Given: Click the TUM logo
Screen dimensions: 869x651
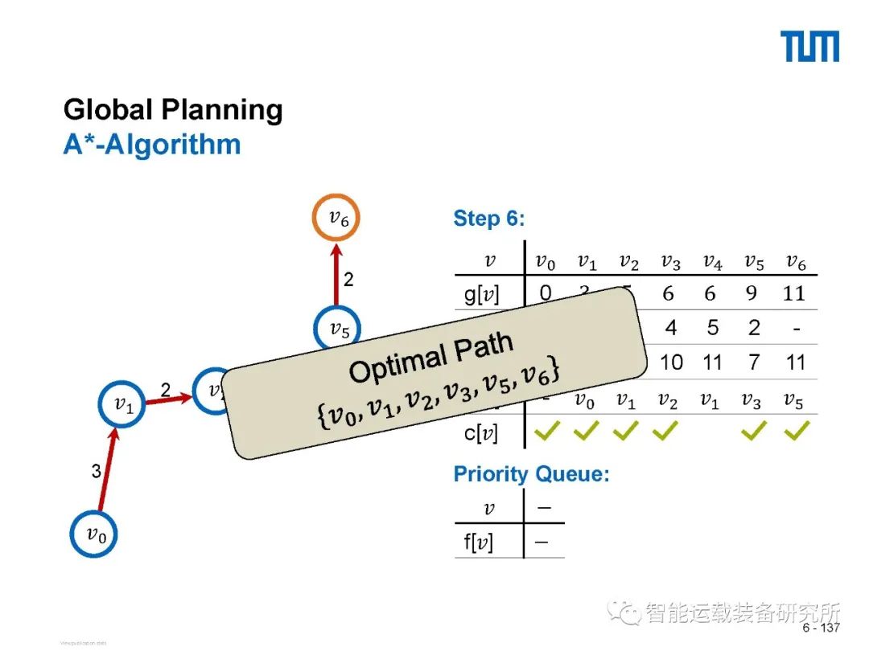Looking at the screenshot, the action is point(809,47).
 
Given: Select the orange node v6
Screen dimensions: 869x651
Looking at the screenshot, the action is point(336,218).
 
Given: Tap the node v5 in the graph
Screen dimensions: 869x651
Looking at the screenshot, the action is point(336,328).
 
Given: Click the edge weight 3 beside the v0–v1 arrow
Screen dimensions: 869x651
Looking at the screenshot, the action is point(96,472).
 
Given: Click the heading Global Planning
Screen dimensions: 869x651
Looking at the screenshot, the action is point(173,109).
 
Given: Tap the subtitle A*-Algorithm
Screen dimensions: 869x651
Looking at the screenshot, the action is point(151,144).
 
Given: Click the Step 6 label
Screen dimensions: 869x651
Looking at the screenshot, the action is point(488,219).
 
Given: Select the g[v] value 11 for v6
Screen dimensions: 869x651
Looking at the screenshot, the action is point(794,293).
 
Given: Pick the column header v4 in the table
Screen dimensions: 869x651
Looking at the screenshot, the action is point(712,261).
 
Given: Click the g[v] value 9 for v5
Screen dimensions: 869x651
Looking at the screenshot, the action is point(752,293).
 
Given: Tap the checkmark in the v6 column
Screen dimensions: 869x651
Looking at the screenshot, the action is point(795,433).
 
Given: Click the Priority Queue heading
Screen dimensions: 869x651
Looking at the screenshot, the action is point(531,474).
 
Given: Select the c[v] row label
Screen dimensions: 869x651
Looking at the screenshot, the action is point(481,434).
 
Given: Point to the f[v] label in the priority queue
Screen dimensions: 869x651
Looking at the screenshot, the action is point(479,542).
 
